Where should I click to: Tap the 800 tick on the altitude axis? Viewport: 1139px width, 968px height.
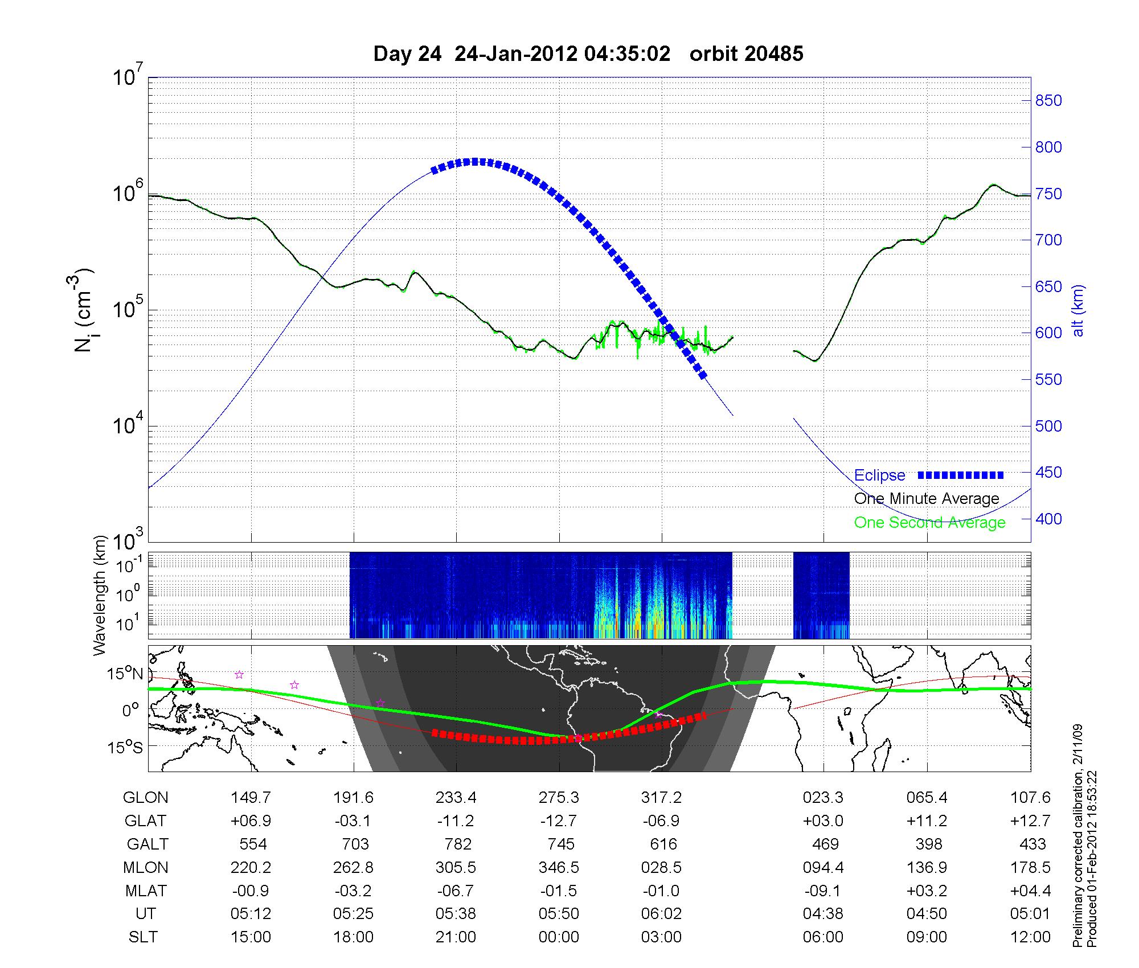[1048, 147]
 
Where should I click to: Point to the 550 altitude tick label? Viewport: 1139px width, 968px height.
[1048, 380]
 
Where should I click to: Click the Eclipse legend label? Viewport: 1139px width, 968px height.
[879, 475]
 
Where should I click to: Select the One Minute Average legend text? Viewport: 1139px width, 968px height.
[927, 499]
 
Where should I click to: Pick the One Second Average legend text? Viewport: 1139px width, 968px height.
[929, 523]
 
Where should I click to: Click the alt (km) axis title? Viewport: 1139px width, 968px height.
[1078, 310]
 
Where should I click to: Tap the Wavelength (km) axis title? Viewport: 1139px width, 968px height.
[100, 595]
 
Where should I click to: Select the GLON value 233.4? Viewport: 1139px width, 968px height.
[456, 798]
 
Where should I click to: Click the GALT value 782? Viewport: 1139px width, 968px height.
[458, 844]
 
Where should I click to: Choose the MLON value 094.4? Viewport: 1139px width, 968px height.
[823, 867]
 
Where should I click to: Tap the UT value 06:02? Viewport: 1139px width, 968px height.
[661, 914]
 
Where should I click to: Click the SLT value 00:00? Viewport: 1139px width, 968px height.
[559, 937]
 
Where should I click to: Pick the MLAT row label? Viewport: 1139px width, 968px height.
[146, 891]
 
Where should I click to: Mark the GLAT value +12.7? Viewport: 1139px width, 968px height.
[1030, 821]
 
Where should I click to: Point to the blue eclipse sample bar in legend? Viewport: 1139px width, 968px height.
[961, 475]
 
